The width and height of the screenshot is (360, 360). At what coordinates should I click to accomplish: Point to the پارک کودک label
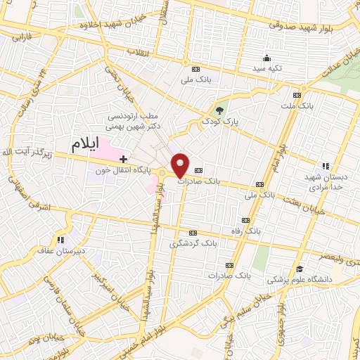(217, 122)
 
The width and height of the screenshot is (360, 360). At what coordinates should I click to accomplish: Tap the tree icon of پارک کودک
(219, 110)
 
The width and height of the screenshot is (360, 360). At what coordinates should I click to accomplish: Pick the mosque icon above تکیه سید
(266, 59)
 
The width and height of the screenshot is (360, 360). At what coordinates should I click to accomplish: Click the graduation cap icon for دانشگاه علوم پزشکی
(300, 269)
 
